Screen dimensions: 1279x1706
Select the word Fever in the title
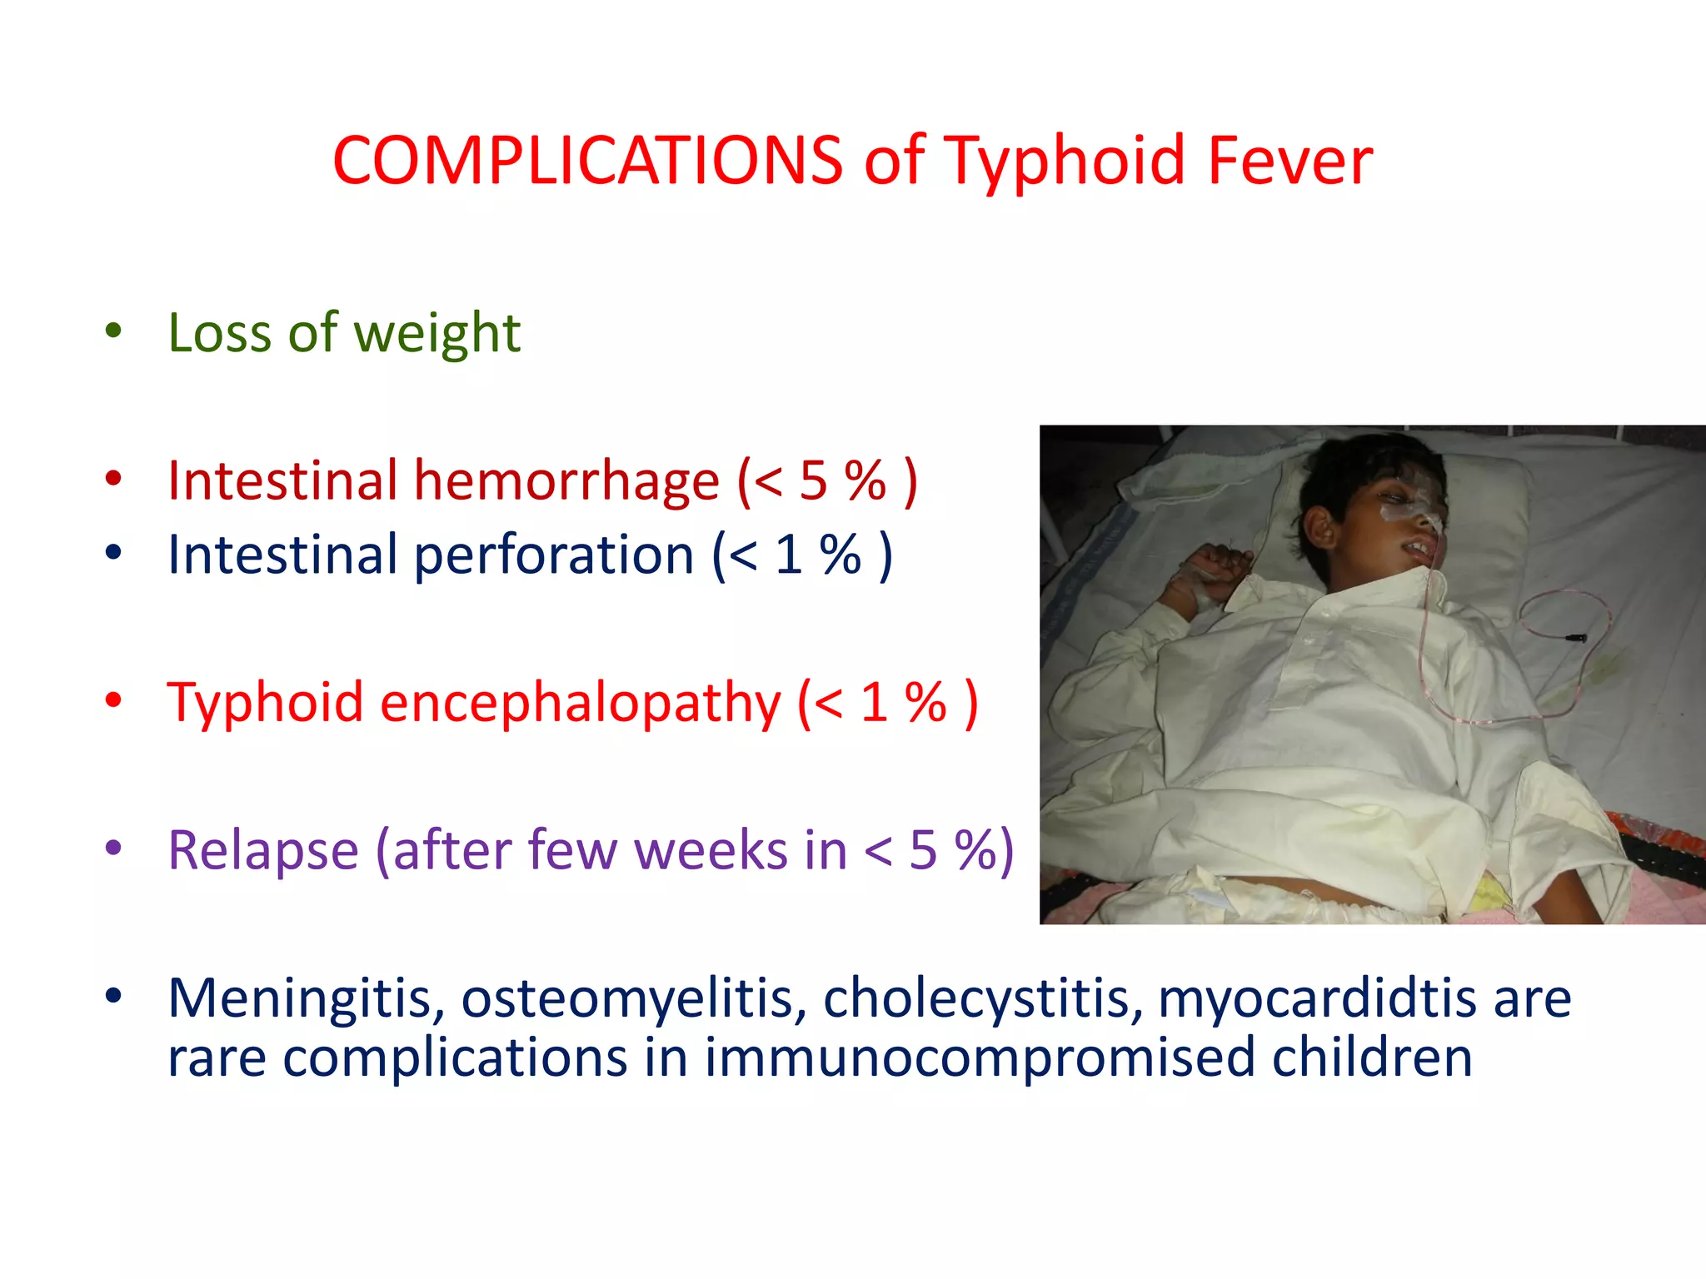tap(1289, 160)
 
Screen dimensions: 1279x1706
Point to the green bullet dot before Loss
tap(113, 331)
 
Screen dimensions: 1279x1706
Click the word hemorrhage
tap(566, 481)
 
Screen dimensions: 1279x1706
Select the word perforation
tap(554, 555)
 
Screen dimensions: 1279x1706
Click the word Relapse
tap(262, 851)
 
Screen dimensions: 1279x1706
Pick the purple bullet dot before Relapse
tap(113, 849)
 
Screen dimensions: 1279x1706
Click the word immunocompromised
tap(979, 1058)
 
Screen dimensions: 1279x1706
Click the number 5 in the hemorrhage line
tap(813, 481)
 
